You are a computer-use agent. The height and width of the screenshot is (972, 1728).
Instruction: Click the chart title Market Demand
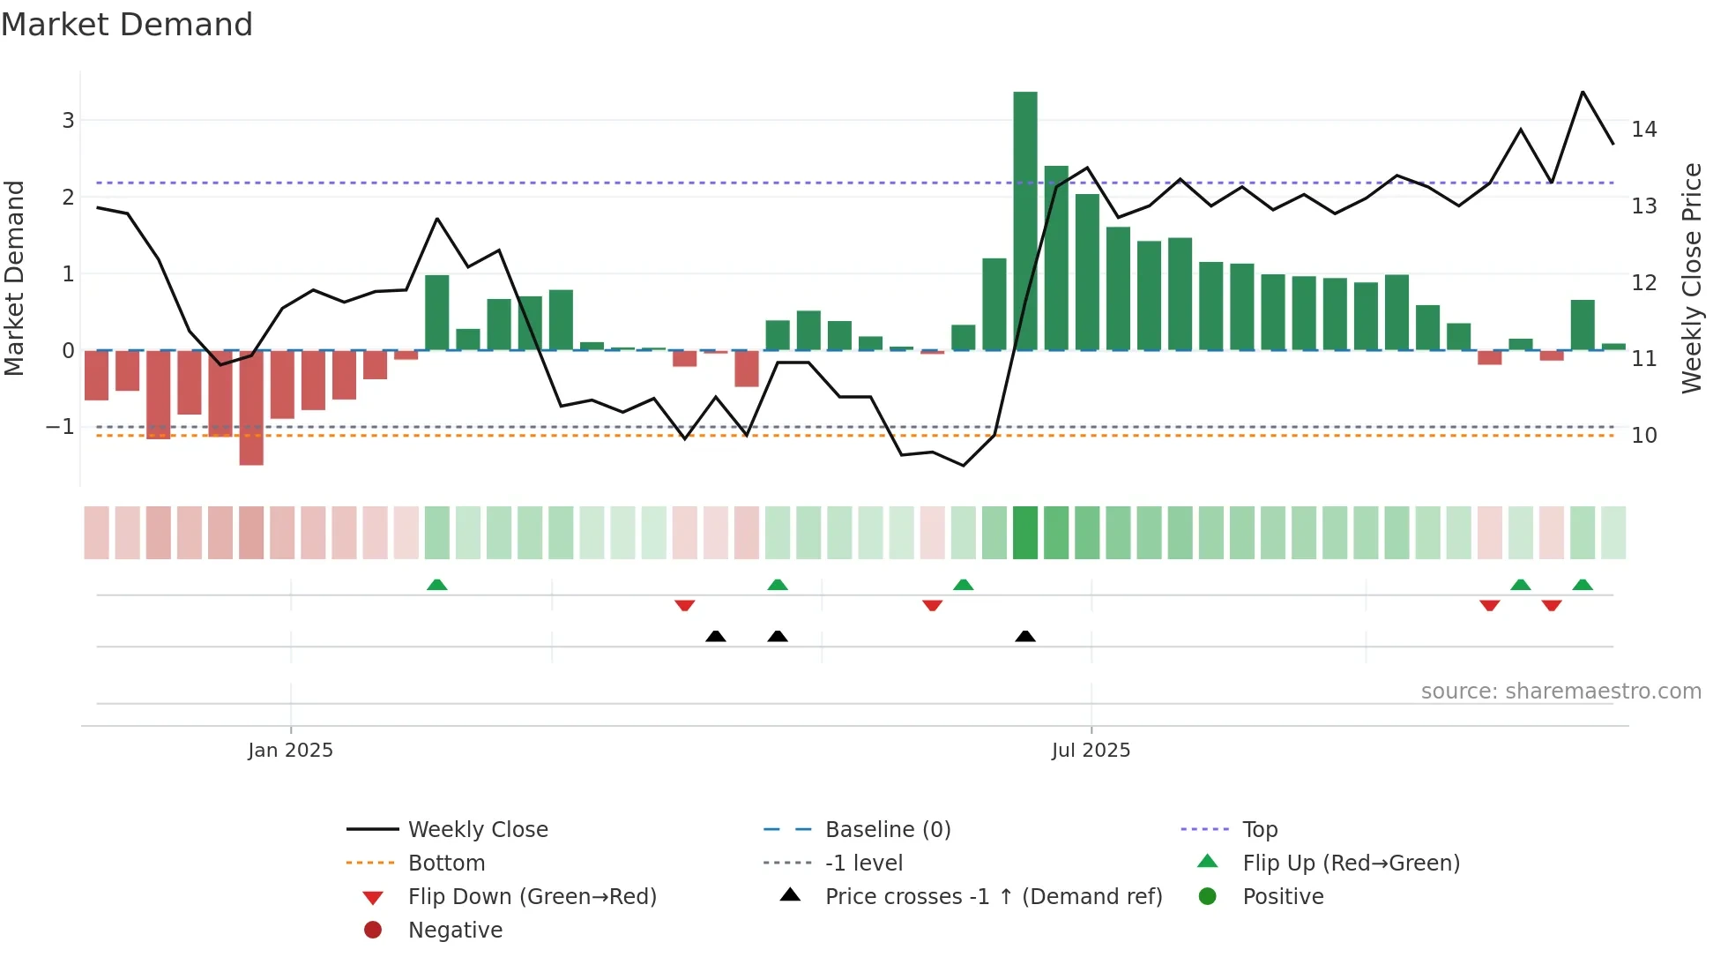coord(127,25)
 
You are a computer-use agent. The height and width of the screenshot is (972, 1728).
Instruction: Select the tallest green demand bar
coord(1024,221)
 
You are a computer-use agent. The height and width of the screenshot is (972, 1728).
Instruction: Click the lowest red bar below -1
coord(251,407)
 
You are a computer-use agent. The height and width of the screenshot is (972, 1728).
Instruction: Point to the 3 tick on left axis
coord(68,120)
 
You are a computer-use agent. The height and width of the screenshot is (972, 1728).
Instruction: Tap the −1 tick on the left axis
coord(61,427)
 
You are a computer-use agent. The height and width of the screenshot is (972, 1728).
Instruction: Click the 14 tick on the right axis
coord(1644,130)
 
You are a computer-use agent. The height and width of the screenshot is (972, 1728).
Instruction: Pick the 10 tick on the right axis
coord(1644,435)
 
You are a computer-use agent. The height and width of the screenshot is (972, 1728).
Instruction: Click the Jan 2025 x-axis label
coord(290,751)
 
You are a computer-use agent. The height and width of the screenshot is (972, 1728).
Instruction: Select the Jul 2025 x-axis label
coord(1091,751)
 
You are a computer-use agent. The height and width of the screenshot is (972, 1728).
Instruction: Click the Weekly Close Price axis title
coord(1691,278)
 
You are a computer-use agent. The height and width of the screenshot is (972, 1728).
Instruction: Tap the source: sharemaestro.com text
coord(1560,692)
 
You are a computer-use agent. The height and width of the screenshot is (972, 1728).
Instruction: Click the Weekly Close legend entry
coord(477,830)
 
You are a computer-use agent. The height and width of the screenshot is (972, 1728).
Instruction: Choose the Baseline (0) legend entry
coord(887,830)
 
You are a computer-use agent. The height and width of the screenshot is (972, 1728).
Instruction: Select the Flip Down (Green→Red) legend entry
coord(532,897)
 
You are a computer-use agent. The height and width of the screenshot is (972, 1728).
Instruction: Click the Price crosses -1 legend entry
coord(993,897)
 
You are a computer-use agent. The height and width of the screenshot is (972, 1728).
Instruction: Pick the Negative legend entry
coord(455,931)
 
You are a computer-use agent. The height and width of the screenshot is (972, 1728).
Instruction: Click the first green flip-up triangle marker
coord(436,585)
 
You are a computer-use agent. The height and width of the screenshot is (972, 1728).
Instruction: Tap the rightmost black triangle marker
coord(1024,637)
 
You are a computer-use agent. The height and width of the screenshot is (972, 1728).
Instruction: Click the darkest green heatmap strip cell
coord(1024,533)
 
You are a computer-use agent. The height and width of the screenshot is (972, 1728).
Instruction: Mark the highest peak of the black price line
coord(1583,92)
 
